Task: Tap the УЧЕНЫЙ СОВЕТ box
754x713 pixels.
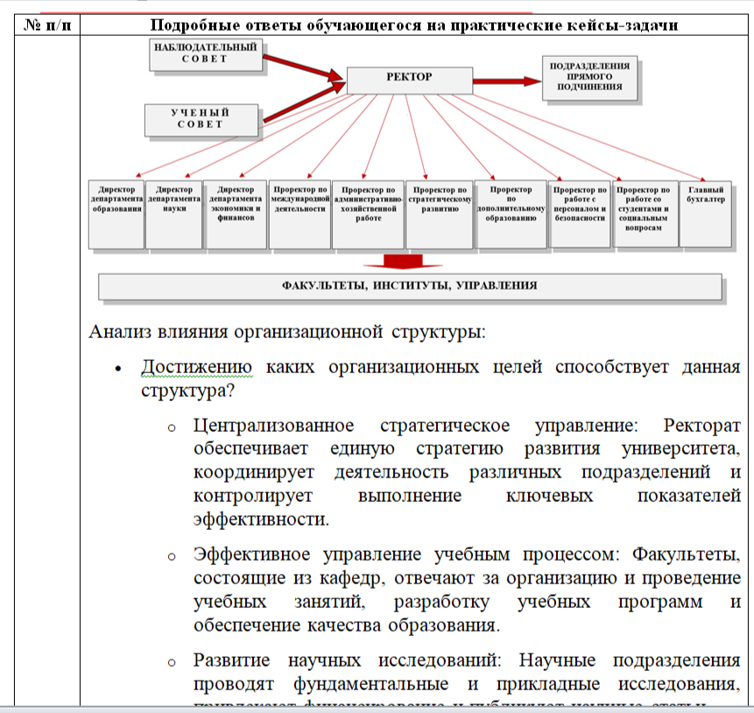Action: [201, 119]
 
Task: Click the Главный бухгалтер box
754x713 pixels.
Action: [706, 213]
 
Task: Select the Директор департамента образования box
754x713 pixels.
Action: [116, 213]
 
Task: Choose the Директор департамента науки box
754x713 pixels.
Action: [174, 213]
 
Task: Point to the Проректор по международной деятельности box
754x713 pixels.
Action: [299, 213]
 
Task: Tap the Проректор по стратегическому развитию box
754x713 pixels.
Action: [440, 213]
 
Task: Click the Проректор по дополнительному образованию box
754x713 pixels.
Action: [511, 213]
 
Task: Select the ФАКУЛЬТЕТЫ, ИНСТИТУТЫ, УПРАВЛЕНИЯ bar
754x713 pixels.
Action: [410, 286]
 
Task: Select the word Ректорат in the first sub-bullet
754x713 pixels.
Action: [702, 426]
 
